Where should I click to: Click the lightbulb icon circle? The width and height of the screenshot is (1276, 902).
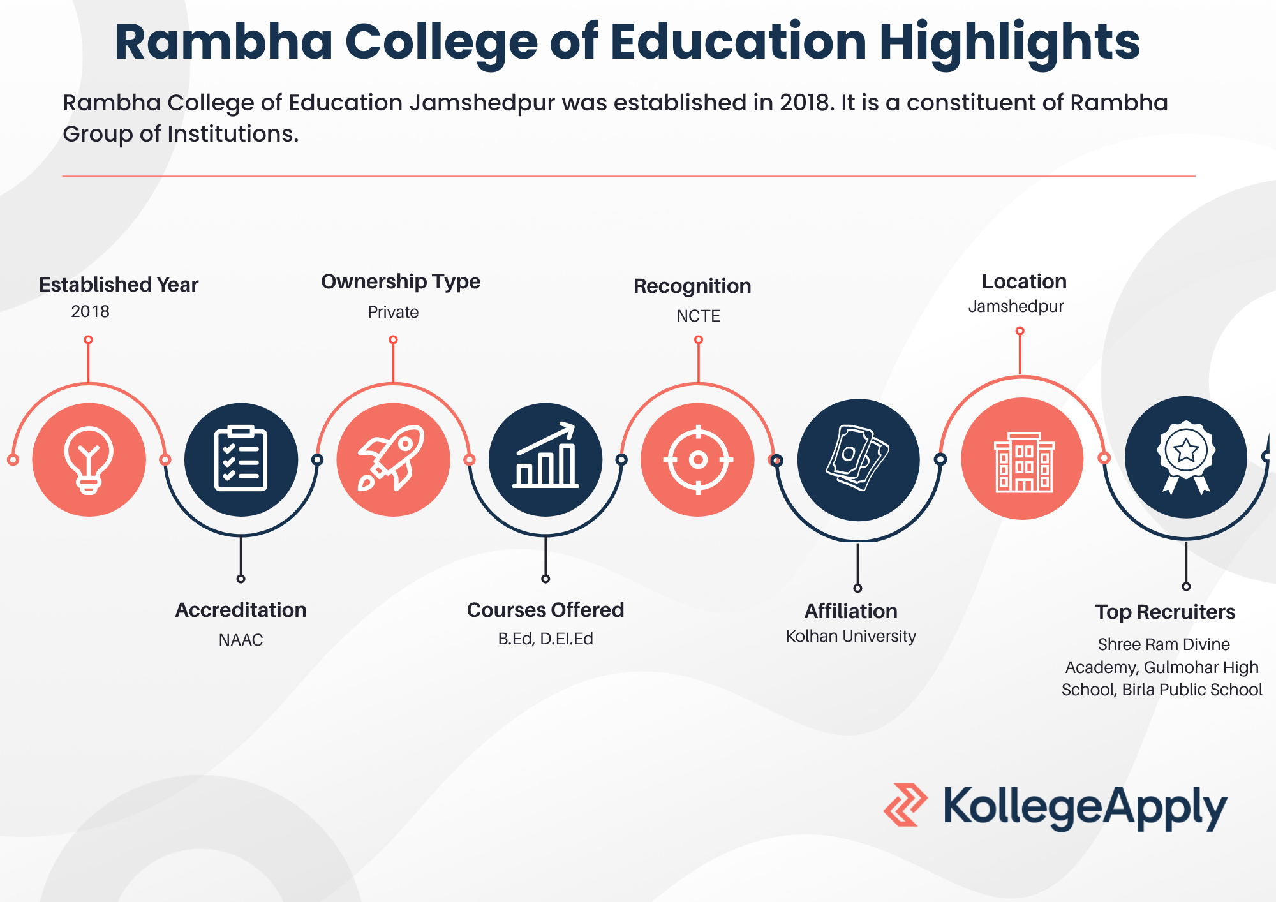(89, 459)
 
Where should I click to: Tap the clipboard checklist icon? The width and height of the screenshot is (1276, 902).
(241, 458)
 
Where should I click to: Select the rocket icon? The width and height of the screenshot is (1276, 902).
(392, 457)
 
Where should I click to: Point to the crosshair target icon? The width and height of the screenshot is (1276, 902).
(698, 459)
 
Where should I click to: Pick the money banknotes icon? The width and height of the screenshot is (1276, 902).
(858, 458)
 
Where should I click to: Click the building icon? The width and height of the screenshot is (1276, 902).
(1024, 462)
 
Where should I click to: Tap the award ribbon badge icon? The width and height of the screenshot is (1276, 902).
(1186, 457)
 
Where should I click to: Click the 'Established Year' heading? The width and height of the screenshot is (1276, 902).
(119, 285)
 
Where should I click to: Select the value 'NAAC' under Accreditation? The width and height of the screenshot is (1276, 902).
(241, 640)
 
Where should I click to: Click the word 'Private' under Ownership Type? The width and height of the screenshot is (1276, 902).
(393, 312)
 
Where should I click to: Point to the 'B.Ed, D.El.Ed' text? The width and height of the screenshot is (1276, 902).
(545, 639)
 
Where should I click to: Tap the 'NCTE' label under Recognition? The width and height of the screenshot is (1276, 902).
(699, 316)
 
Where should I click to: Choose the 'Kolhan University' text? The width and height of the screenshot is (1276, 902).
(851, 636)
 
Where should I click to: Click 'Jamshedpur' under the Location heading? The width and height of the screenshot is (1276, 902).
(1016, 307)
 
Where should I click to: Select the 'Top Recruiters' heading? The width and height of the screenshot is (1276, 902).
(1166, 612)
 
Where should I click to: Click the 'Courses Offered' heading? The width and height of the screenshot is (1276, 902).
(545, 610)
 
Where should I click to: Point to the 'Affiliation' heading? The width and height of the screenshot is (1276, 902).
(851, 611)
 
